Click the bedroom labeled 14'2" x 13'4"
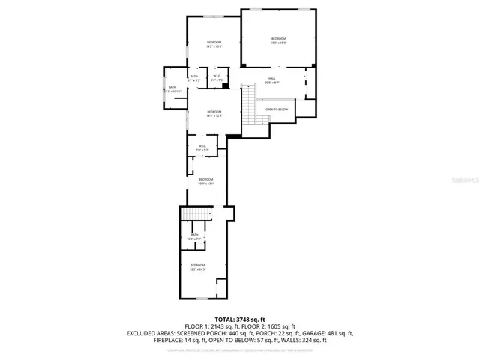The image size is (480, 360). pos(214,44)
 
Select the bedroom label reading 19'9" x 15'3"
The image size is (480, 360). pos(278,40)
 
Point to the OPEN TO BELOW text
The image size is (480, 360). pos(277,109)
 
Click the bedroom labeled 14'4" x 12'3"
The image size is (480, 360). pos(214,113)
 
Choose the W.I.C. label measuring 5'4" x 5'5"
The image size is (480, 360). pos(216,77)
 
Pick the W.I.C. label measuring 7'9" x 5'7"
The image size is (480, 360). pos(202,148)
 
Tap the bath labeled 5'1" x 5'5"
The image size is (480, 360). pos(194,77)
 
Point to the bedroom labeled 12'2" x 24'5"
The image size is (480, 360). pos(197,266)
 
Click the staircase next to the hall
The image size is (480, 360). pos(249,103)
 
